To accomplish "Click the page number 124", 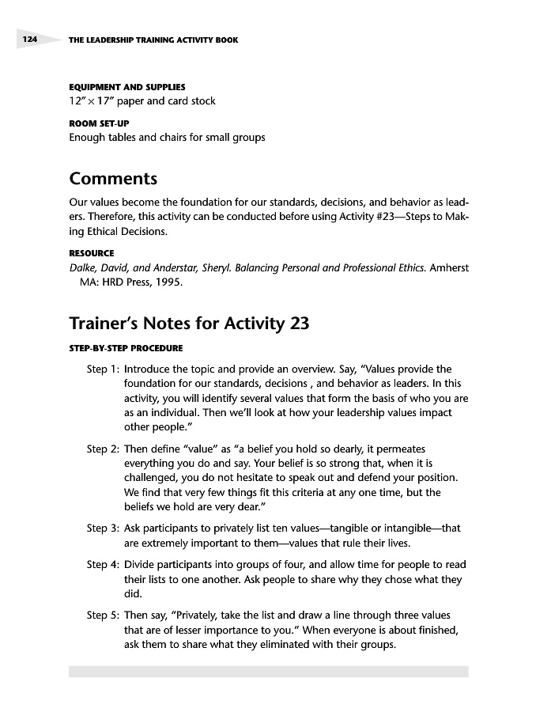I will pos(29,39).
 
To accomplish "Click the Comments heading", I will pos(113,179).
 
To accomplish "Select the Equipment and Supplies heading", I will pos(127,86).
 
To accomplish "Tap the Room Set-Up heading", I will pos(99,123).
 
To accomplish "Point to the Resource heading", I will pos(92,253).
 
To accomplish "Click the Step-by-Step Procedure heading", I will pos(126,347).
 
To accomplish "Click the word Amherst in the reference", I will pos(450,267).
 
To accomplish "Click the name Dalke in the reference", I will pos(85,267).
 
